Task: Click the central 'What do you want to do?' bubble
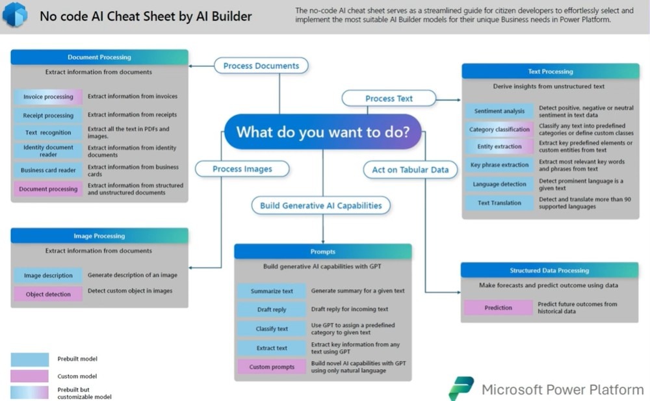point(323,133)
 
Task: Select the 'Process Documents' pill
point(261,66)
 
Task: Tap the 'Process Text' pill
point(389,98)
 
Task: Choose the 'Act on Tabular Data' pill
point(410,170)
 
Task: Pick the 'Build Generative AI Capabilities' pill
point(321,205)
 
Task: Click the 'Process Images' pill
point(242,169)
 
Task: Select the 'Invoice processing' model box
point(48,97)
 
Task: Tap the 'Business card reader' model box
point(48,170)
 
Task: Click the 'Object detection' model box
point(48,294)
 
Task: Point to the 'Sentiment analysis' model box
point(499,111)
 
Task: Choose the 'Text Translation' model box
point(499,203)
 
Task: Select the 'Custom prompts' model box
point(272,367)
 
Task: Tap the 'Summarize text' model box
point(272,291)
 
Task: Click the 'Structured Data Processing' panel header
point(549,270)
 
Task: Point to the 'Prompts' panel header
point(323,252)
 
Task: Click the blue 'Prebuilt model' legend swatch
point(29,359)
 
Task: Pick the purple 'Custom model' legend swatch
point(29,376)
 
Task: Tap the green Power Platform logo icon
point(461,388)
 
